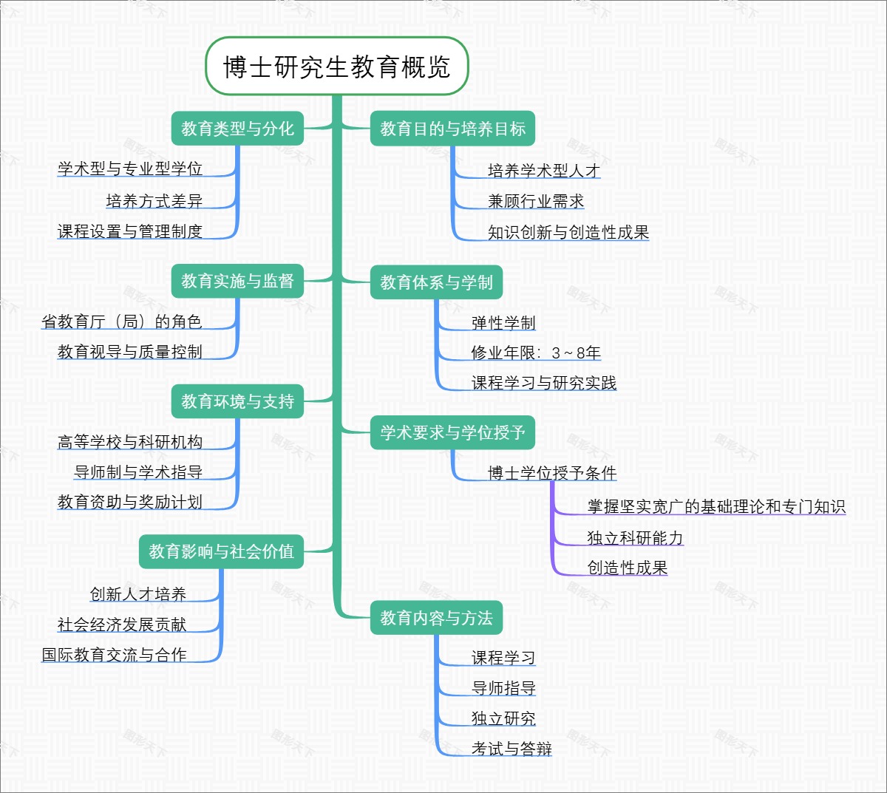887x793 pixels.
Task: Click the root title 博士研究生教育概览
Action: [x=337, y=67]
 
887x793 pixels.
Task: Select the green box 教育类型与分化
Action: [x=237, y=129]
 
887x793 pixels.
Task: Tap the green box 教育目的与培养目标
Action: [x=452, y=129]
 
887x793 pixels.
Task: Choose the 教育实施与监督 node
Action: [x=237, y=281]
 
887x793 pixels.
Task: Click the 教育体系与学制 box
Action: [x=436, y=282]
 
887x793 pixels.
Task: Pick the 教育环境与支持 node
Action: [x=237, y=401]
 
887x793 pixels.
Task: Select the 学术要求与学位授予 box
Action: [x=452, y=432]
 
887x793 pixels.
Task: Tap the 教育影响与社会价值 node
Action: [x=221, y=551]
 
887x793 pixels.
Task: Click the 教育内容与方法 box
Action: [x=436, y=618]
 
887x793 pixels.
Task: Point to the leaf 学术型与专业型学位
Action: [x=130, y=169]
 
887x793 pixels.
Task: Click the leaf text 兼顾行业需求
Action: [x=536, y=201]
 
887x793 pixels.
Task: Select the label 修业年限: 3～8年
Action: [x=536, y=353]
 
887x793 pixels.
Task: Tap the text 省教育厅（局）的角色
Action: [x=122, y=321]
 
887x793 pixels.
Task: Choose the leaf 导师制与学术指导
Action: [x=138, y=472]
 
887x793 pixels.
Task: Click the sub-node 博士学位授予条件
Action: [x=552, y=473]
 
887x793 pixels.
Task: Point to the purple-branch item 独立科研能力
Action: [x=635, y=538]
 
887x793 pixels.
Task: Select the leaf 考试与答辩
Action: [x=512, y=749]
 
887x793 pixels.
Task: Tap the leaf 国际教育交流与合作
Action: [x=114, y=655]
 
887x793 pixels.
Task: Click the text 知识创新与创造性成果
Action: [x=568, y=232]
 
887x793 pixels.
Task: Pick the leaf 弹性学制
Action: [x=503, y=323]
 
